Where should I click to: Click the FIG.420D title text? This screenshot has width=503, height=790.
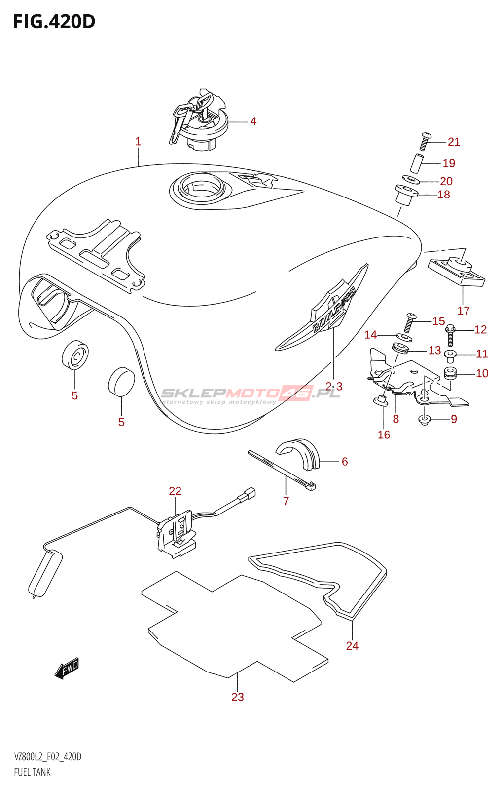pyautogui.click(x=54, y=22)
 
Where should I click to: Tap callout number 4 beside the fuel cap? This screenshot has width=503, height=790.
pyautogui.click(x=253, y=121)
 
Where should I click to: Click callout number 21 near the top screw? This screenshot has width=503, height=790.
pyautogui.click(x=454, y=142)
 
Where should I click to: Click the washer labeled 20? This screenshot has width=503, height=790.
pyautogui.click(x=410, y=180)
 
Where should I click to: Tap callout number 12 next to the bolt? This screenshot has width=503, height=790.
pyautogui.click(x=480, y=330)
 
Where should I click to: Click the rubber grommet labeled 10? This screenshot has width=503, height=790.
pyautogui.click(x=450, y=373)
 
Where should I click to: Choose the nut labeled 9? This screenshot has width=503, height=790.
pyautogui.click(x=425, y=420)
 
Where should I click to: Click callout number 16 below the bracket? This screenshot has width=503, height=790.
pyautogui.click(x=384, y=435)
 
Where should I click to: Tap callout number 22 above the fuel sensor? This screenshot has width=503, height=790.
pyautogui.click(x=175, y=491)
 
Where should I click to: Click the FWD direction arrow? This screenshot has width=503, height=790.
pyautogui.click(x=68, y=669)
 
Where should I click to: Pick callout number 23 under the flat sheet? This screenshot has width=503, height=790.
pyautogui.click(x=238, y=697)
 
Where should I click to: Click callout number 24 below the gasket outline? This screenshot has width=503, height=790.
pyautogui.click(x=352, y=646)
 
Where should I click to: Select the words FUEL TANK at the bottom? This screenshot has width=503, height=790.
pyautogui.click(x=32, y=772)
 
